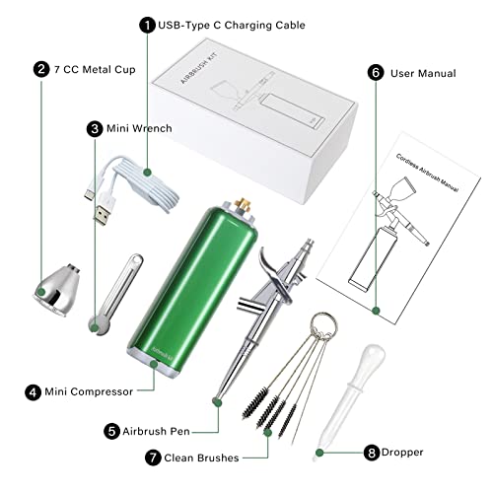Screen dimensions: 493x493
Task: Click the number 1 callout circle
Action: [x=147, y=25]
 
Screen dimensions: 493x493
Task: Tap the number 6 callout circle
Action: [x=376, y=73]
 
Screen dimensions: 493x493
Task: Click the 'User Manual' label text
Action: [x=423, y=73]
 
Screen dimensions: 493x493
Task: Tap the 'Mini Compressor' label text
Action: [x=94, y=391]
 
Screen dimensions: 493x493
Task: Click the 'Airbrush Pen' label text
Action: [x=161, y=431]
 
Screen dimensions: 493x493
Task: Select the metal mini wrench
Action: [x=108, y=295]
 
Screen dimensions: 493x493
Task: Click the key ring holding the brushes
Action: [x=322, y=324]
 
